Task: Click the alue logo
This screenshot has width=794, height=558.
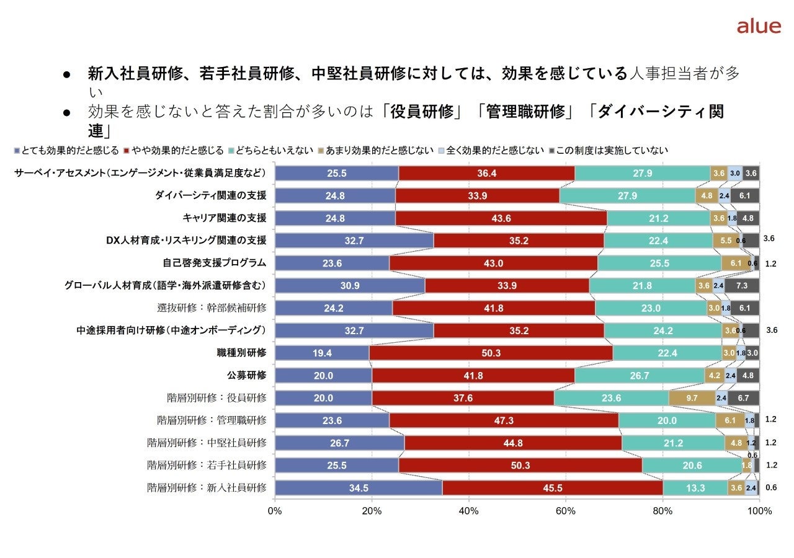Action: coord(758,26)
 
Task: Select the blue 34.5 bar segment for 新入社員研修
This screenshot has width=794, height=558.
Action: coord(359,487)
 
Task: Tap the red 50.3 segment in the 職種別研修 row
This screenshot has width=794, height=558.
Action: coord(491,353)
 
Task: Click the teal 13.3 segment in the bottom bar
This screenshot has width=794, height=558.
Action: coord(695,487)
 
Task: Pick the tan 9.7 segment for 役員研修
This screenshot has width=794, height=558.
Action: coord(692,398)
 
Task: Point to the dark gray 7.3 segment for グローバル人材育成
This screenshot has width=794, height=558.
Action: coord(741,286)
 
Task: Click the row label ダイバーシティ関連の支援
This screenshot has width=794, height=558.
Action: coord(210,196)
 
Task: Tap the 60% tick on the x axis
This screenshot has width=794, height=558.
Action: coord(566,511)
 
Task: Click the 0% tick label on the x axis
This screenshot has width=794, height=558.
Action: coord(275,511)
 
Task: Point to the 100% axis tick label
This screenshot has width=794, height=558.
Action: coord(759,511)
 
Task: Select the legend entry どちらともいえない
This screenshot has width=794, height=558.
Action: coord(271,151)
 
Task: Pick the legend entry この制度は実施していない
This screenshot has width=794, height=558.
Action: coord(610,151)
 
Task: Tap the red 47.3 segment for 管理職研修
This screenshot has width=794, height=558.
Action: coord(504,420)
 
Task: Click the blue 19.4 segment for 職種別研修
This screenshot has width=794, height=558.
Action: coord(322,353)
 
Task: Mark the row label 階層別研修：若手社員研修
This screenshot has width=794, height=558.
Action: coord(207,464)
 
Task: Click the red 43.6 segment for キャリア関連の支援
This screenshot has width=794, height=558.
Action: coord(501,218)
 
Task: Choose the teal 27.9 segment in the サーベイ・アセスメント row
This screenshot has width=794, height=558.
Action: coord(642,174)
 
